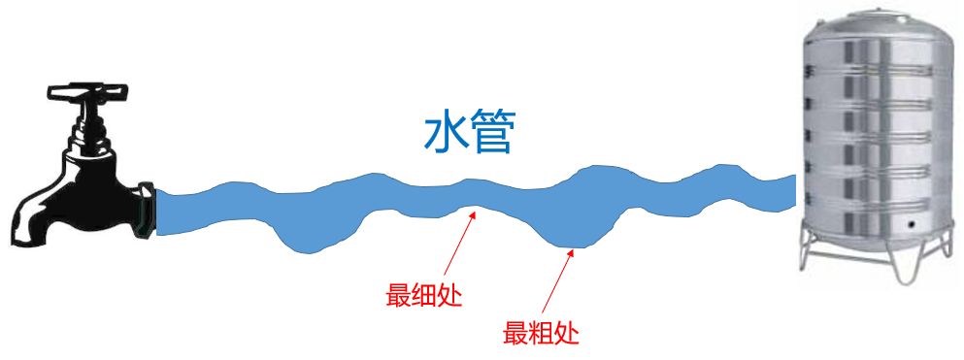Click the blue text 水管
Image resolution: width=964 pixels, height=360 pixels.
467,135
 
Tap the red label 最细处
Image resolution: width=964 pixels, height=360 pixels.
423,295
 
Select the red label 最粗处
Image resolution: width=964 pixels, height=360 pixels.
541,333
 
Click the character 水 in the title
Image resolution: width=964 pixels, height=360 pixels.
445,135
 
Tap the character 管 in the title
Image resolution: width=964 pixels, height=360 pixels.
490,135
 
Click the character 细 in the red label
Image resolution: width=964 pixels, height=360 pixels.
423,295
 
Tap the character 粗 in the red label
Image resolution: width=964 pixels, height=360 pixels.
541,333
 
